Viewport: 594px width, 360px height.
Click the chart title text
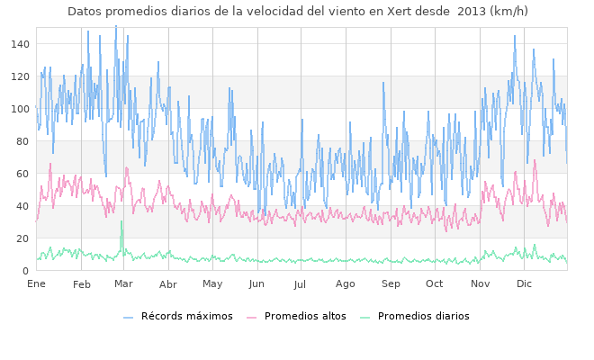pyautogui.click(x=296, y=12)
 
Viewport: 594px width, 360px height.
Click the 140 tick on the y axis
pyautogui.click(x=18, y=44)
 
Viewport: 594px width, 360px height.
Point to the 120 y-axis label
pyautogui.click(x=18, y=76)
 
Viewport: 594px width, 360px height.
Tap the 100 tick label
pyautogui.click(x=18, y=109)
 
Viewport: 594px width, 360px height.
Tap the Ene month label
pyautogui.click(x=36, y=284)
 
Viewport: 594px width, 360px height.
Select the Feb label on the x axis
pyautogui.click(x=82, y=284)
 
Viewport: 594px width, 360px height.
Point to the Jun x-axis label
pyautogui.click(x=258, y=284)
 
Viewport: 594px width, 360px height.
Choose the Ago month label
pyautogui.click(x=346, y=284)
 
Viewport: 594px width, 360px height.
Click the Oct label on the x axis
pyautogui.click(x=436, y=284)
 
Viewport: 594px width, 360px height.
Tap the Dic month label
pyautogui.click(x=524, y=284)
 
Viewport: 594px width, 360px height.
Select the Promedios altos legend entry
pyautogui.click(x=306, y=342)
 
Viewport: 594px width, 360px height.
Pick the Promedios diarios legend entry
pyautogui.click(x=428, y=342)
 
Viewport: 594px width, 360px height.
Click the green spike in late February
pyautogui.click(x=121, y=222)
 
